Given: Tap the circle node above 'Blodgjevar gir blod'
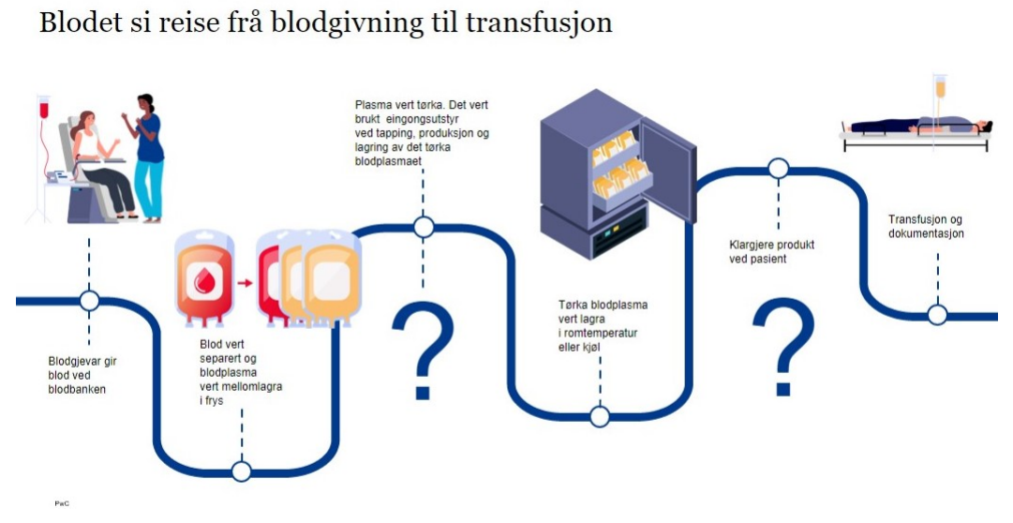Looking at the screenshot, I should coord(90,301).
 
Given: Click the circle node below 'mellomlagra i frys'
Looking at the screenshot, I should coord(242,471).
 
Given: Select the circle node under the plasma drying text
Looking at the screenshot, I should coord(424,227).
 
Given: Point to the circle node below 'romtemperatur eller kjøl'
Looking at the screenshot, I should coord(600,416).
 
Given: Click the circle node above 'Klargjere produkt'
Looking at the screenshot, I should coord(778,169).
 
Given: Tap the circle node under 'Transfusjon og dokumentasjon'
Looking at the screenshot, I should coord(937,315).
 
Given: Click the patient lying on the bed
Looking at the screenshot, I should coord(914,127).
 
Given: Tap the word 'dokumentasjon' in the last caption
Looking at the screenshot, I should coord(926,233).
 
